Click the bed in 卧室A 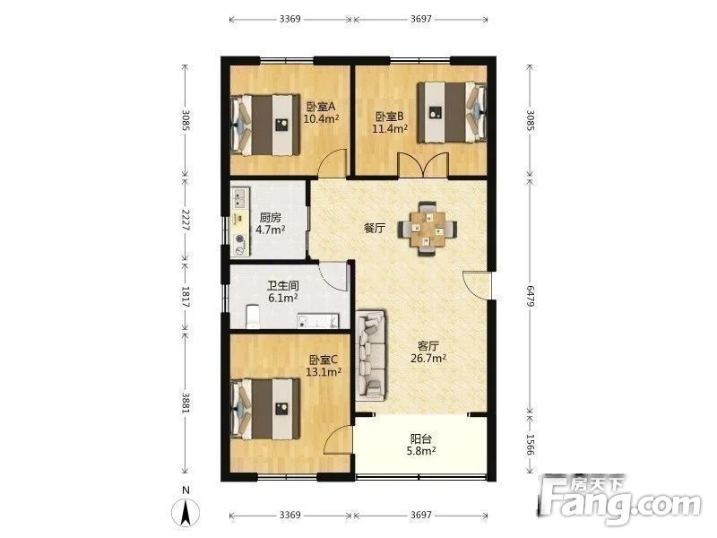(266, 125)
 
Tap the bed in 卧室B (452, 112)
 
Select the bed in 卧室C (266, 409)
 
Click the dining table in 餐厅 (428, 229)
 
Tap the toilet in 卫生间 (253, 317)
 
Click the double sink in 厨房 (240, 198)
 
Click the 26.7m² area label (428, 358)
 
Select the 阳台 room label (421, 439)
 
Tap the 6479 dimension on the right (531, 296)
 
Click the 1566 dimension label (531, 445)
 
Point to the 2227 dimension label (186, 220)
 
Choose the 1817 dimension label (186, 297)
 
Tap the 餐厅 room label (374, 229)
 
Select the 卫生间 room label (283, 286)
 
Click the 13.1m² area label (324, 372)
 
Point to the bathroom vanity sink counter (318, 321)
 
